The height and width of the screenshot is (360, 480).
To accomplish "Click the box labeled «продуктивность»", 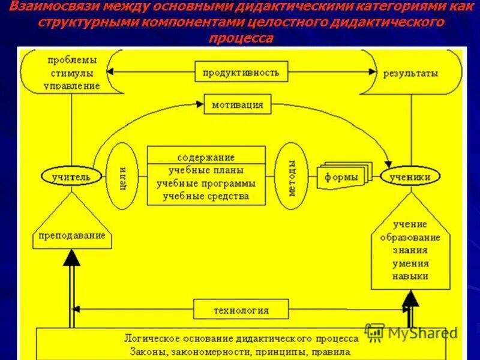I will pos(241,73).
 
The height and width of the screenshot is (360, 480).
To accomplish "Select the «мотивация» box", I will pos(237,105).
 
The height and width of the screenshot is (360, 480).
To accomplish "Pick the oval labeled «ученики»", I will pos(410,177).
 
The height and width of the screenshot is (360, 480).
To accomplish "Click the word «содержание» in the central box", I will pos(205,157).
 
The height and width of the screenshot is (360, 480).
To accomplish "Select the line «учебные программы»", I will pos(206,183).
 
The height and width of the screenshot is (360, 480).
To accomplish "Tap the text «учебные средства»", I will pos(206,196).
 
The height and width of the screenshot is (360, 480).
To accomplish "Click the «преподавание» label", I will pos(71,236).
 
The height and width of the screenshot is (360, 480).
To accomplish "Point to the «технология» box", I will pos(241,310).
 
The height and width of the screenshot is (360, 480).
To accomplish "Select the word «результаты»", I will pos(411,73).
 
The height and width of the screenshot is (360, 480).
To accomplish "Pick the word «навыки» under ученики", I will pos(410,276).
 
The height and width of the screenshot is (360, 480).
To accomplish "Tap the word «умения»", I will pos(410,263).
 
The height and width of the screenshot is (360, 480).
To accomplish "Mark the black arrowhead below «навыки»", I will pos(410,298).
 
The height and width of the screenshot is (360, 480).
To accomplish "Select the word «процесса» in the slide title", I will pos(241,38).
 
